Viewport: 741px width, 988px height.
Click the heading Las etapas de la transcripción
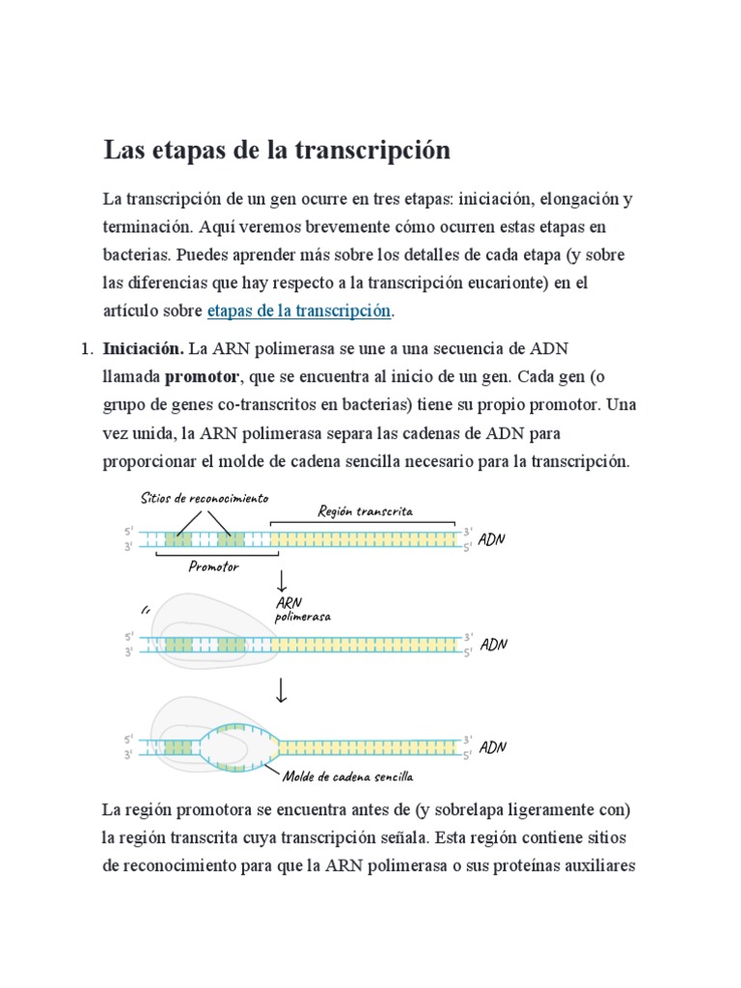(277, 151)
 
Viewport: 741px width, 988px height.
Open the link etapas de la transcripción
(299, 311)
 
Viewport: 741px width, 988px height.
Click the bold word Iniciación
(143, 347)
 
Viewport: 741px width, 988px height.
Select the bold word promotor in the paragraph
(203, 375)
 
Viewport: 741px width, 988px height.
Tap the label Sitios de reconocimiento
(204, 498)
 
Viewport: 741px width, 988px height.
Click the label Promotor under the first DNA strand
(213, 566)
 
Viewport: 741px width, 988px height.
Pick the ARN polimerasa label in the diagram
(303, 610)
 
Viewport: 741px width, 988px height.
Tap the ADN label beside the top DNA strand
(492, 539)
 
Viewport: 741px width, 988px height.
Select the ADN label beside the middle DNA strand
(493, 644)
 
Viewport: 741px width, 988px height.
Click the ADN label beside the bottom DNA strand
(493, 747)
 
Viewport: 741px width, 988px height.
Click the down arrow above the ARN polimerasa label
(282, 582)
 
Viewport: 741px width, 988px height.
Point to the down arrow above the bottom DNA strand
(282, 690)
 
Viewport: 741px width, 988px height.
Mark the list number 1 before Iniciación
(83, 347)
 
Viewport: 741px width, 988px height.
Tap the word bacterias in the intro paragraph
(135, 255)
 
